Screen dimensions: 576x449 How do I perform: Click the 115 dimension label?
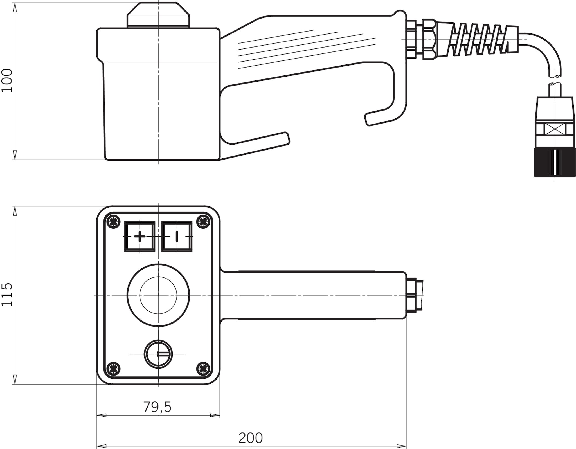click(x=7, y=295)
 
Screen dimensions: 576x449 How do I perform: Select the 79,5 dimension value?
click(x=157, y=407)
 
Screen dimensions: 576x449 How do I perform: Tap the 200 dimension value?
click(x=251, y=438)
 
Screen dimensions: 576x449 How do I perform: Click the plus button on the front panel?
click(x=140, y=236)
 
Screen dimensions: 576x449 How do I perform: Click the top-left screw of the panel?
click(x=113, y=222)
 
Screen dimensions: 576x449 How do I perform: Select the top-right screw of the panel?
click(x=203, y=222)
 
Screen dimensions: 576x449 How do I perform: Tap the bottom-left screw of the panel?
click(x=113, y=368)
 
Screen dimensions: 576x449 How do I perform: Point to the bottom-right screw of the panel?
click(x=203, y=368)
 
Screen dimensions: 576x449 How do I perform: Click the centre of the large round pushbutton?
click(x=158, y=295)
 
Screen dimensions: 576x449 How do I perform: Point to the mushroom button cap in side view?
click(x=158, y=15)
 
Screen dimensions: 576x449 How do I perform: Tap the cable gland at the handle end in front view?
click(x=415, y=295)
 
